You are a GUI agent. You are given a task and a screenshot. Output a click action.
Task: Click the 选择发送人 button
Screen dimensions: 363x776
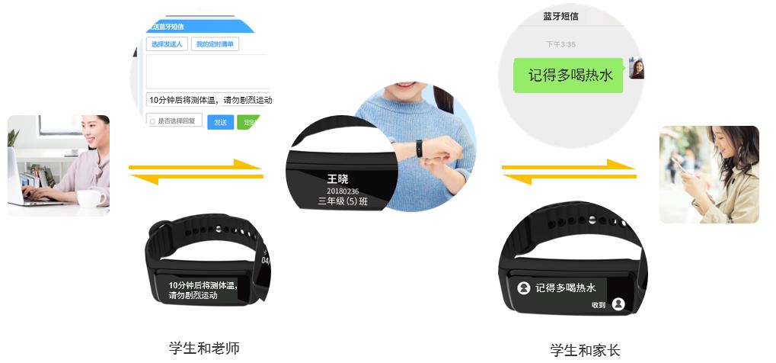tap(167, 44)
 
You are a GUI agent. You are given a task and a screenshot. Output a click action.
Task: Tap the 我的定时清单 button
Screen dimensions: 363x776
tap(215, 44)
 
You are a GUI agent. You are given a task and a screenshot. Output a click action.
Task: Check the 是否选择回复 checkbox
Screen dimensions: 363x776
tap(152, 121)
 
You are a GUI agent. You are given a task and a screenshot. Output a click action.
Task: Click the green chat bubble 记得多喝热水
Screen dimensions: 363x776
tap(567, 75)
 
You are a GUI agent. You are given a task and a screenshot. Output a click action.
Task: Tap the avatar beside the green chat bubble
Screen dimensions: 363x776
tap(637, 69)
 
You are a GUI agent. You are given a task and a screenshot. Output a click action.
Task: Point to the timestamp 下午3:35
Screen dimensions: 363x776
tap(560, 44)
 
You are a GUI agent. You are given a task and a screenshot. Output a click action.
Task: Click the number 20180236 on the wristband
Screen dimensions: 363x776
tap(342, 191)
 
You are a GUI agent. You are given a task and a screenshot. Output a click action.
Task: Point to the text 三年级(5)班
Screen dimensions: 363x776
tap(342, 202)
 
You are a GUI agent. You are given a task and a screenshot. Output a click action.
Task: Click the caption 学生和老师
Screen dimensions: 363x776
tap(204, 348)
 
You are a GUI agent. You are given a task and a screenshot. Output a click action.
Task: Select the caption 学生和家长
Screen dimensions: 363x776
tap(585, 350)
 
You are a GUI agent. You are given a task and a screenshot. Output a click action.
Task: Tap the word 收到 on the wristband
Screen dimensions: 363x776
tap(599, 305)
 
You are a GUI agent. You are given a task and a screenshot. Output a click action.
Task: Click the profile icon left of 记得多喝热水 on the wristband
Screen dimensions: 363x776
tap(524, 288)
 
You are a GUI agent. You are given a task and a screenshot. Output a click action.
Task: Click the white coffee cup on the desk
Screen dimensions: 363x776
tap(91, 199)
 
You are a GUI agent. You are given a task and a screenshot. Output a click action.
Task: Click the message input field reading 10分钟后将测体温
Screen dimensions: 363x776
tap(210, 99)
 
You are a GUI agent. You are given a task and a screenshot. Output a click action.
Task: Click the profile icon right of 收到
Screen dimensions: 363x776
tap(618, 304)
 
